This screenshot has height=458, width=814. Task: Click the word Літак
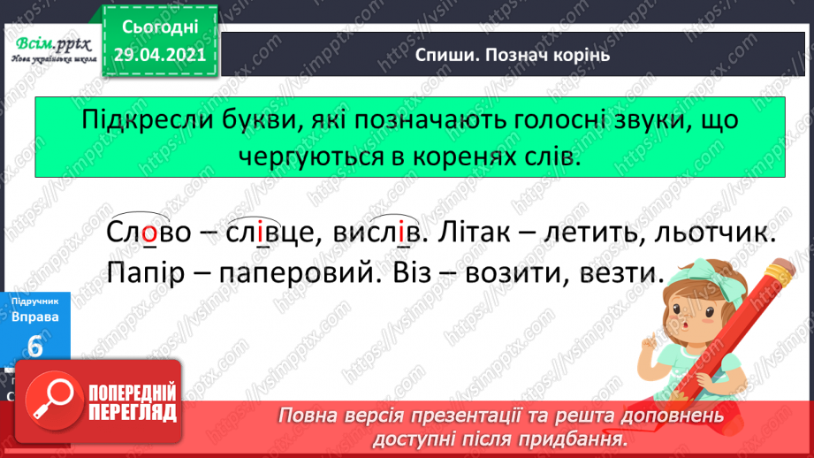[x=477, y=234]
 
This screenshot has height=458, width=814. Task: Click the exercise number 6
[x=35, y=347]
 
